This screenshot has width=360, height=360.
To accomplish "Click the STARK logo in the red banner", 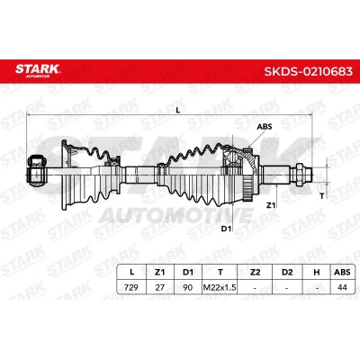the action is (x=38, y=70).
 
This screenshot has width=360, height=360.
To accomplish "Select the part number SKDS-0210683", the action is (x=308, y=71).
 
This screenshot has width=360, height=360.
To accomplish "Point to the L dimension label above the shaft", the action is (x=178, y=111).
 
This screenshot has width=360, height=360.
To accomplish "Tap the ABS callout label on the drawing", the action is (x=265, y=127).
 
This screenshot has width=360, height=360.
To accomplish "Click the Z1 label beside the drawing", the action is (x=271, y=205).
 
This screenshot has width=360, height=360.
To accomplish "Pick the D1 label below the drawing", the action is (x=226, y=229).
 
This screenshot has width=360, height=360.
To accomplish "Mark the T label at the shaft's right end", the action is (x=322, y=196).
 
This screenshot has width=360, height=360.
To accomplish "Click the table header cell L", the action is (x=131, y=272).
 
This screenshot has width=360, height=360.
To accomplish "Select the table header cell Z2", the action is (x=255, y=272).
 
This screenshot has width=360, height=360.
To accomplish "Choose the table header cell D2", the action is (x=287, y=272).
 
